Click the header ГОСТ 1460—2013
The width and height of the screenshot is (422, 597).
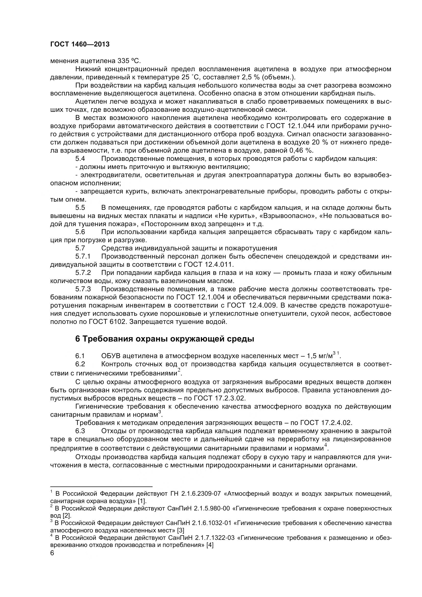(80, 44)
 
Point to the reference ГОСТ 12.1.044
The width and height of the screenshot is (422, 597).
(290, 126)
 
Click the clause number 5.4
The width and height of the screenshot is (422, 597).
(80, 159)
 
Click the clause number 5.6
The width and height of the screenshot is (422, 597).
(80, 232)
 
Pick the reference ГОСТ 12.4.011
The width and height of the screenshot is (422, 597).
(209, 265)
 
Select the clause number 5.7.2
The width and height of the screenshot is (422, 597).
(83, 273)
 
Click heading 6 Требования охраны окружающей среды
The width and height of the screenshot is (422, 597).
(165, 339)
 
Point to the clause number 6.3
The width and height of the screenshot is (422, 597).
(80, 431)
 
